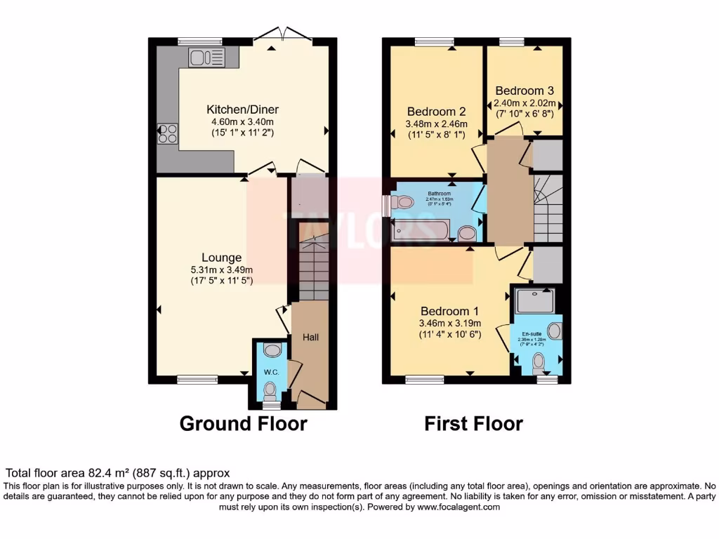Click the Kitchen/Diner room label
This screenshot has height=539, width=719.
point(242,109)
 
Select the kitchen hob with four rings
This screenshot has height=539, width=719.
point(168,133)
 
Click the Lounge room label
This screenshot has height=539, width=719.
point(222,258)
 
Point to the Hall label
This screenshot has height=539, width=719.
point(310,338)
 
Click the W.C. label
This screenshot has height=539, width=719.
point(271,371)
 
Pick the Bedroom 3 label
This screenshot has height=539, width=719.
point(525,91)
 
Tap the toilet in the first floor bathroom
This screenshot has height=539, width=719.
point(402,202)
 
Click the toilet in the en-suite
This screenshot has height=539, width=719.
point(538,362)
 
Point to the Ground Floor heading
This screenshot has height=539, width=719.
point(243,424)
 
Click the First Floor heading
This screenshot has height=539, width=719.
point(473,424)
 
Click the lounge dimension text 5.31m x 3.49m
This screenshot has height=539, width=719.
point(222,269)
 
